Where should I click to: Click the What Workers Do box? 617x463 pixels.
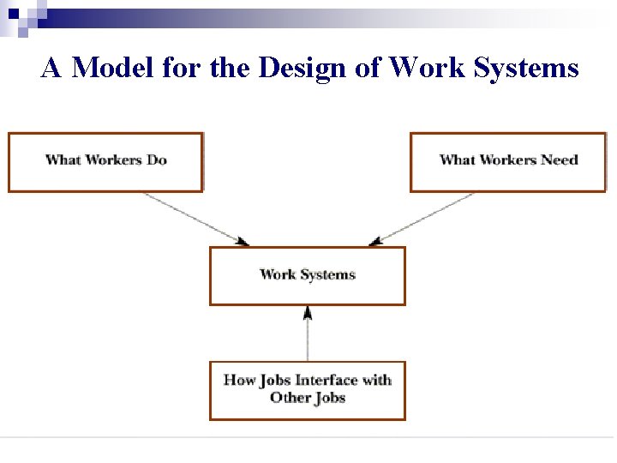pyautogui.click(x=105, y=162)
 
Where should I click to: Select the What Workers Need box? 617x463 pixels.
pyautogui.click(x=508, y=162)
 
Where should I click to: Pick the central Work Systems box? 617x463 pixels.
pyautogui.click(x=308, y=275)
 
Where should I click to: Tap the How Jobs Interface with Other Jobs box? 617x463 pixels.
pyautogui.click(x=308, y=390)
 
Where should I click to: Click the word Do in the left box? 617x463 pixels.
pyautogui.click(x=157, y=159)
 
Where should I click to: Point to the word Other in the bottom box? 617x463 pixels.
pyautogui.click(x=290, y=398)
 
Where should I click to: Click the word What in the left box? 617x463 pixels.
pyautogui.click(x=62, y=159)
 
